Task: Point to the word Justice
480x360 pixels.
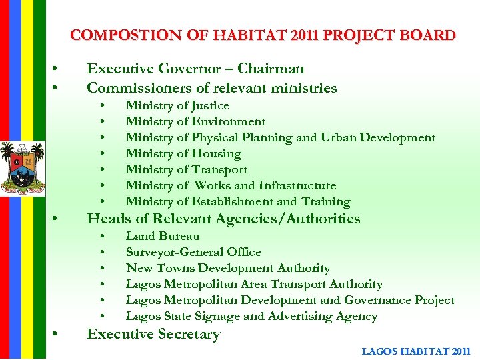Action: (x=210, y=105)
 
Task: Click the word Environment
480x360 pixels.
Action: (x=228, y=121)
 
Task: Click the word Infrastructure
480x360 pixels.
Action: (x=297, y=185)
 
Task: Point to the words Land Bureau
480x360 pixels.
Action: (x=163, y=236)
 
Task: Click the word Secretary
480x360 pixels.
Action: (x=189, y=334)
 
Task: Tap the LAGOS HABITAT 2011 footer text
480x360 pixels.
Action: (x=416, y=351)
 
